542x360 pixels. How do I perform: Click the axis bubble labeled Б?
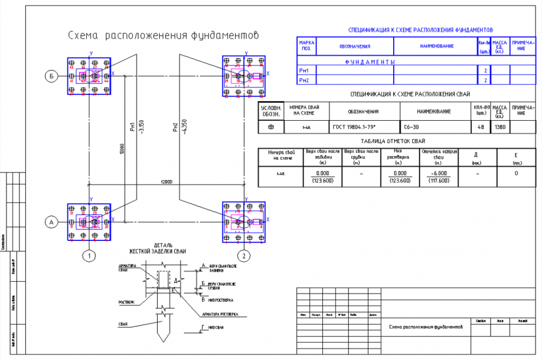(x=51, y=77)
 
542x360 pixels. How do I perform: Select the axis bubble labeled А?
(x=51, y=222)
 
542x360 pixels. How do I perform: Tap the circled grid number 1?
(x=90, y=256)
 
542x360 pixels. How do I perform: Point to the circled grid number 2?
(x=244, y=256)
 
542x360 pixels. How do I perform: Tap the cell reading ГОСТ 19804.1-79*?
(x=364, y=127)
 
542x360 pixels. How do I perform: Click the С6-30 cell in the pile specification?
(x=411, y=127)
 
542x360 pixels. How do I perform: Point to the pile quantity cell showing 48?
(x=481, y=127)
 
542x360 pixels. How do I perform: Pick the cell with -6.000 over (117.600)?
(x=439, y=177)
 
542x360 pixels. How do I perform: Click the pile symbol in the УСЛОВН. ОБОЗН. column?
(x=271, y=127)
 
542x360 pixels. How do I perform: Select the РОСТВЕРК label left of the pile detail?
(x=125, y=302)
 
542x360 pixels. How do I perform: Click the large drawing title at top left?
(x=163, y=36)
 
